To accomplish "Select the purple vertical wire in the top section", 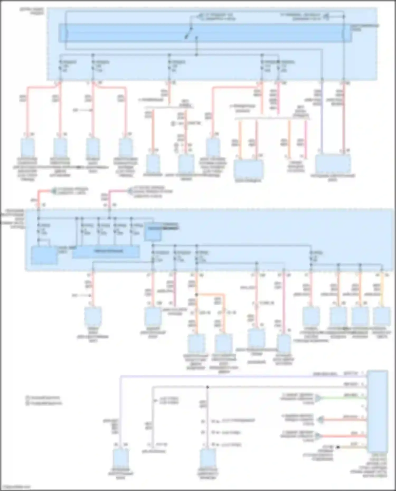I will pos(322,119).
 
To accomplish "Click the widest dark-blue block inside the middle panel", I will pos(106,251).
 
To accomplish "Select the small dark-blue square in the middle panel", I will pos(153,232).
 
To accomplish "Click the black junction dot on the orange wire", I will pos(196,294).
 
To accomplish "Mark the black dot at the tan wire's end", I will pos(338,447).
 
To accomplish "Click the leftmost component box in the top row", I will pos(27,147).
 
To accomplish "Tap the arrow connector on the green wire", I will pos(318,398).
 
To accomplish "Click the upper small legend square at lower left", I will pos(27,397).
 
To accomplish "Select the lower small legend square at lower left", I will pos(27,403).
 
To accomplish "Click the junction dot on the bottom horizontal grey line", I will pos(208,387).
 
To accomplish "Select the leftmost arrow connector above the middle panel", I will pos(54,190).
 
